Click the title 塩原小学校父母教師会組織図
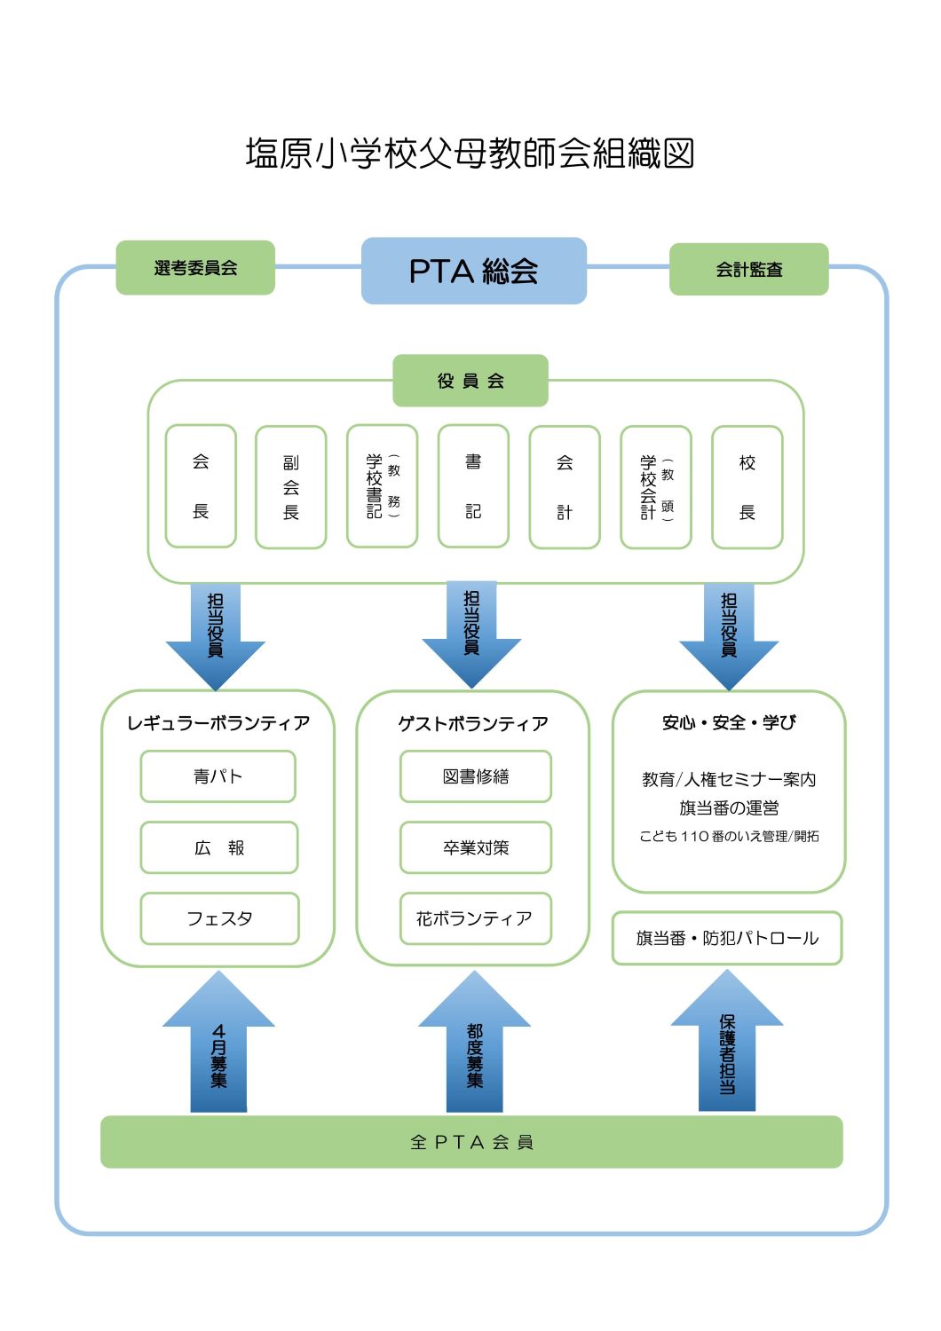point(470,154)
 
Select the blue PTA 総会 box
point(473,271)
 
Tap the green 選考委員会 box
point(195,268)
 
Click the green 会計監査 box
point(748,270)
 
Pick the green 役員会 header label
point(470,381)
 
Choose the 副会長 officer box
point(291,487)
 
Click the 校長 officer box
point(747,487)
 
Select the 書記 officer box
point(473,486)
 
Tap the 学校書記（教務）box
point(383,486)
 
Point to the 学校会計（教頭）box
point(656,487)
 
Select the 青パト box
point(217,776)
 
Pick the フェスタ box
point(219,918)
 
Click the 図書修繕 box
point(476,776)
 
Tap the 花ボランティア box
point(475,918)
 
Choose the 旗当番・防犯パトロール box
point(727,938)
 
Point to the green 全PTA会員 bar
point(471,1142)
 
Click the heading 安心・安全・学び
point(729,723)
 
